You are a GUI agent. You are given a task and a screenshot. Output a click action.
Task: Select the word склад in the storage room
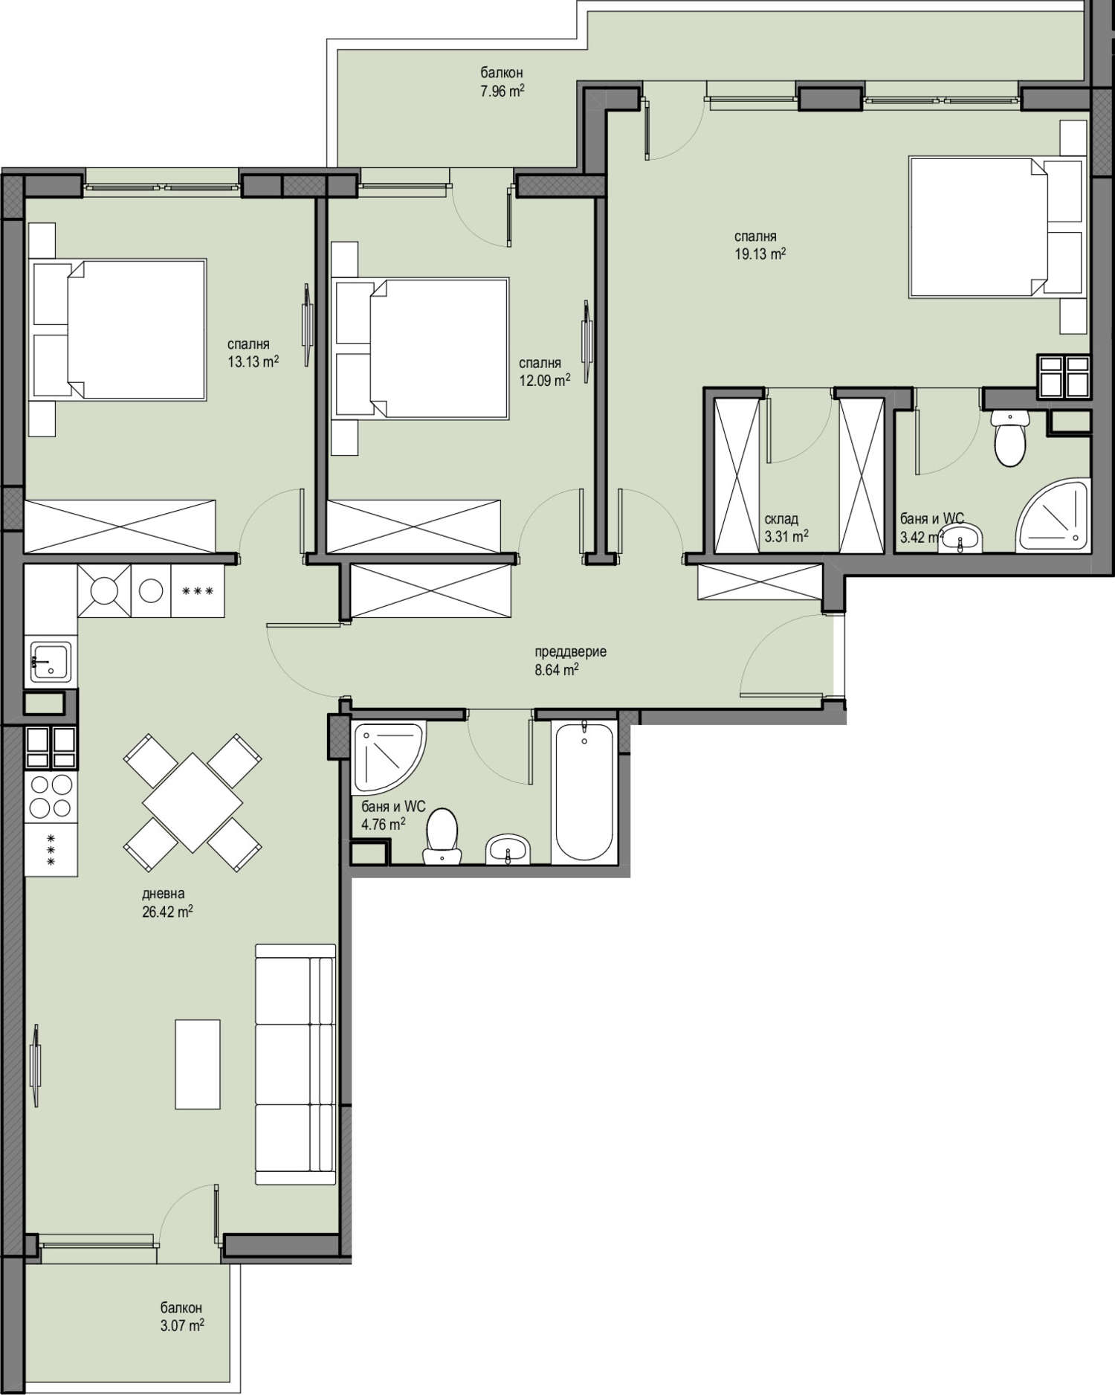pos(781,519)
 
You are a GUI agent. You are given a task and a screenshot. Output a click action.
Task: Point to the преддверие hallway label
pos(571,651)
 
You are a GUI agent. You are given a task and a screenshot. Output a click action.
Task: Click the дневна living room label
pos(163,894)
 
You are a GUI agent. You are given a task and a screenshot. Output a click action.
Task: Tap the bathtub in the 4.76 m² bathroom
pos(584,789)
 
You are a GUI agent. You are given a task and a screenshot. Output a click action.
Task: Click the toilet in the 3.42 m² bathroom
pos(1009,439)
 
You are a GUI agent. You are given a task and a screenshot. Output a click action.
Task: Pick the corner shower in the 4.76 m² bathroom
pos(388,756)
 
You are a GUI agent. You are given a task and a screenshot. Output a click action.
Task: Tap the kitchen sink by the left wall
pos(51,661)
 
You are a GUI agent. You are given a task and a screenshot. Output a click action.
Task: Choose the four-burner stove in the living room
pos(51,796)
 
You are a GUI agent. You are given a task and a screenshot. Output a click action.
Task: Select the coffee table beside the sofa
pos(198,1064)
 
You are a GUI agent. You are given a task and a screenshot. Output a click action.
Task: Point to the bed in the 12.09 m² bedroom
pos(421,347)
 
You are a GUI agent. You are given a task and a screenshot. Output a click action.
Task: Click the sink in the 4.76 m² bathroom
pos(508,849)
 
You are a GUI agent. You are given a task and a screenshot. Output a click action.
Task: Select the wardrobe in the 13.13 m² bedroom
pos(120,526)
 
